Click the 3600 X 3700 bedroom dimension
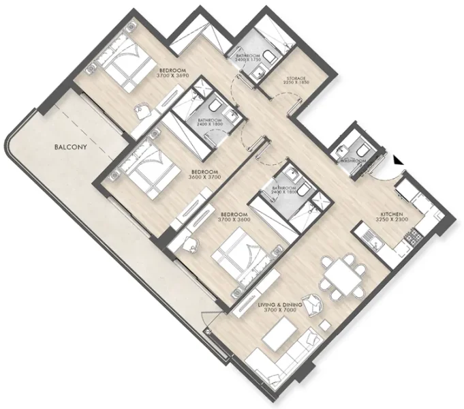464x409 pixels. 204,177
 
